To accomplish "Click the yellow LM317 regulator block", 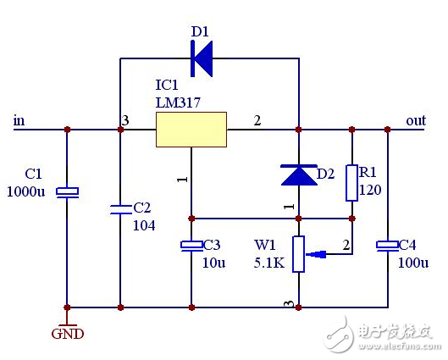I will pos(192,129).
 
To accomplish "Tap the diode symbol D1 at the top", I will pos(202,58).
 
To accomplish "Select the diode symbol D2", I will pos(298,174).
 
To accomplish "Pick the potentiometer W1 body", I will pos(298,253).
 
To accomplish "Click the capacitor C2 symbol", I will pos(120,208).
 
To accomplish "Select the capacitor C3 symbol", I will pos(191,246).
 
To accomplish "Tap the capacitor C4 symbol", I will pos(387,246).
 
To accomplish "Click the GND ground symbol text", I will pos(68,334).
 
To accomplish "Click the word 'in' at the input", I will pos(19,120).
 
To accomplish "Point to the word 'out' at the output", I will pos(416,120).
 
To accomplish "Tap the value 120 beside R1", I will pos(371,190).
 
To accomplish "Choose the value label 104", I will pos(144,225).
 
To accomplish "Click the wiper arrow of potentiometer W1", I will pos(318,253).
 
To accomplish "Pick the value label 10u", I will pos(214,263).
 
